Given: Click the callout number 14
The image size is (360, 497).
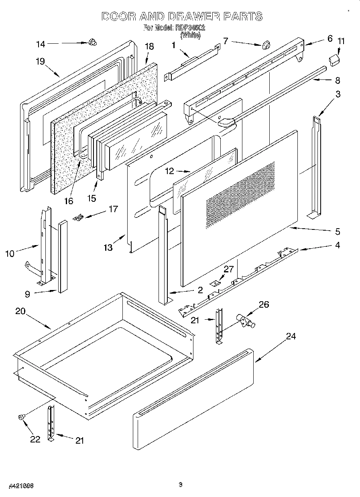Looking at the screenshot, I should click(x=41, y=44).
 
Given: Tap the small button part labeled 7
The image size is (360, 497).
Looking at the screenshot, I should click(x=265, y=45).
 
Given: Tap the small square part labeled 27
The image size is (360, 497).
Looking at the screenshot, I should click(x=216, y=283).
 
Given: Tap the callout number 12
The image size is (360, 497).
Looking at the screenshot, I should click(x=169, y=171).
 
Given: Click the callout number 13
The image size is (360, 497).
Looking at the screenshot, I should click(x=108, y=247).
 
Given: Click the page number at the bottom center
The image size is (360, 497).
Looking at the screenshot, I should click(x=180, y=485).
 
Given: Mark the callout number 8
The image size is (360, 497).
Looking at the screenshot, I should click(x=337, y=80).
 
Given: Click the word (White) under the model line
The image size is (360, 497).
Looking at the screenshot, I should click(x=190, y=35).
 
